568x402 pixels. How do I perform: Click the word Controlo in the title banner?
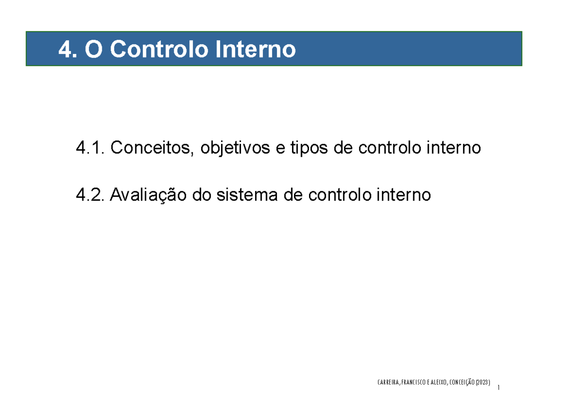(x=159, y=49)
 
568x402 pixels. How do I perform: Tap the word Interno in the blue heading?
(x=256, y=49)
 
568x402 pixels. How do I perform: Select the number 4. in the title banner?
(x=68, y=49)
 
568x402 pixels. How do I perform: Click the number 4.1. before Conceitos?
(x=90, y=148)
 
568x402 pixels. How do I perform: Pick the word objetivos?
(x=235, y=148)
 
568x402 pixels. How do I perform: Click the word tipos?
(x=309, y=148)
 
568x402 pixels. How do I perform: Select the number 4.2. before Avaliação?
(x=90, y=195)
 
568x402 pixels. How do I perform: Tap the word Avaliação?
(x=148, y=196)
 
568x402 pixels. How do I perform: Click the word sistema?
(x=247, y=195)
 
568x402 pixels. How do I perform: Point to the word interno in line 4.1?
(x=453, y=148)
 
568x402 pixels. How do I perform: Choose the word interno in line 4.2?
(x=404, y=195)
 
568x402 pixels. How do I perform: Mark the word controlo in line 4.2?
(x=340, y=195)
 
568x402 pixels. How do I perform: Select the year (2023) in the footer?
(x=483, y=382)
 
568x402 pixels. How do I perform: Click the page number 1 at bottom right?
(x=498, y=387)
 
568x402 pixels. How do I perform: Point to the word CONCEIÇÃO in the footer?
(x=461, y=382)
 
